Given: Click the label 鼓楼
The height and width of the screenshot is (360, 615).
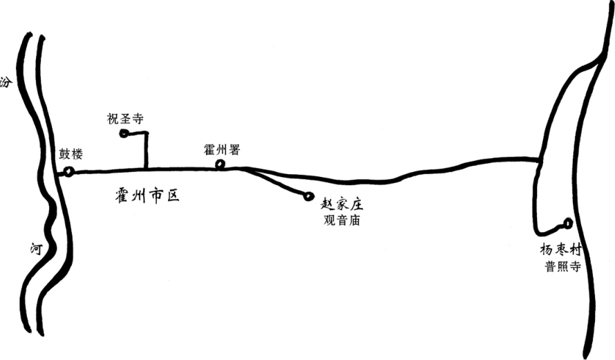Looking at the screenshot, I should pyautogui.click(x=72, y=153).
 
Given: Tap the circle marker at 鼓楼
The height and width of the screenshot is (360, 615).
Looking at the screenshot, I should pyautogui.click(x=69, y=171).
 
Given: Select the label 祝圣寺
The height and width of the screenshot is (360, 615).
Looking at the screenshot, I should pyautogui.click(x=125, y=119).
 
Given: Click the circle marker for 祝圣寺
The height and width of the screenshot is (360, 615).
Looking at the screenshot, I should pyautogui.click(x=124, y=133).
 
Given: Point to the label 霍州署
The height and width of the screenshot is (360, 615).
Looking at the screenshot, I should pyautogui.click(x=222, y=149).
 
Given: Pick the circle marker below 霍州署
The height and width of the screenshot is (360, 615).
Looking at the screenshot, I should pyautogui.click(x=220, y=164).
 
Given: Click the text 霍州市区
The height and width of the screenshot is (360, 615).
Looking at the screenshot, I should pyautogui.click(x=147, y=196).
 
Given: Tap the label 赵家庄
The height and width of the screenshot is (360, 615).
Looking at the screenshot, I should pyautogui.click(x=343, y=205).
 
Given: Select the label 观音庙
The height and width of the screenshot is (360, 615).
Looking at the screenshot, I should pyautogui.click(x=343, y=221).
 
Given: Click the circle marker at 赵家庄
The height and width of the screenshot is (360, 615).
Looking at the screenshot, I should pyautogui.click(x=308, y=196).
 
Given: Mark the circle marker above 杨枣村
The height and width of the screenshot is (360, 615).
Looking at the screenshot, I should pyautogui.click(x=568, y=223).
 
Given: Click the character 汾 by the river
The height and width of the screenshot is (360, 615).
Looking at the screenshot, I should pyautogui.click(x=6, y=82).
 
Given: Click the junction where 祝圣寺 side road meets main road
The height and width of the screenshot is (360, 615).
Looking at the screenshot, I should pyautogui.click(x=146, y=168).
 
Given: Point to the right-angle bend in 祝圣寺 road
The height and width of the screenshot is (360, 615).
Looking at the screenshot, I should pyautogui.click(x=146, y=133).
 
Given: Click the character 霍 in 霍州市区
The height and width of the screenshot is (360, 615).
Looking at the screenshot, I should pyautogui.click(x=122, y=196).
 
